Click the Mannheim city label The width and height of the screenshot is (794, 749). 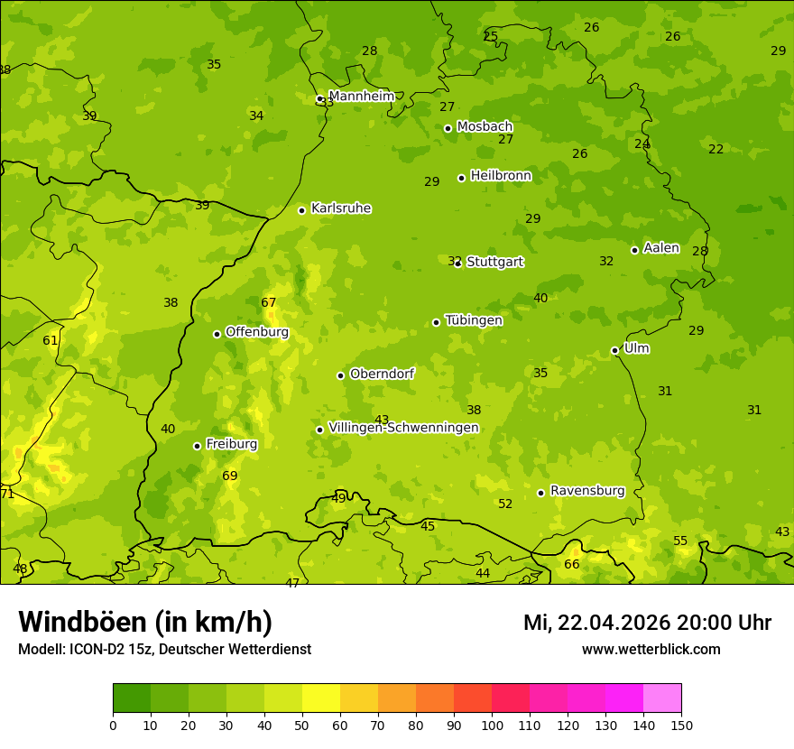click(361, 96)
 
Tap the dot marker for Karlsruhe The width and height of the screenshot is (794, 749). click(301, 210)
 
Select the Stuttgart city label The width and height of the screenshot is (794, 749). click(494, 262)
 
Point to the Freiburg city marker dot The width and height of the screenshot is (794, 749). click(197, 446)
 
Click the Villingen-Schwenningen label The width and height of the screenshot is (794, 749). click(403, 428)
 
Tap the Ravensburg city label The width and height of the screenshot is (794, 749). click(587, 491)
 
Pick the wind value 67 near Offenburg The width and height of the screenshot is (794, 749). click(269, 302)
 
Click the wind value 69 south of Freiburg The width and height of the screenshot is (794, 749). click(230, 476)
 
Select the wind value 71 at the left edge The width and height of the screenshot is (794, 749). click(7, 494)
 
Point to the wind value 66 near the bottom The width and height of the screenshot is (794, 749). click(572, 564)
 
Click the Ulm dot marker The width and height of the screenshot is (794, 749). click(614, 350)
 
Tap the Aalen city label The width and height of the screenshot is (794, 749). click(661, 248)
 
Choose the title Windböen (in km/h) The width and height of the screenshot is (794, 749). click(145, 622)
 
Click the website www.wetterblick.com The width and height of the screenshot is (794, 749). click(651, 649)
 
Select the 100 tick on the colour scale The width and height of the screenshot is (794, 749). click(492, 725)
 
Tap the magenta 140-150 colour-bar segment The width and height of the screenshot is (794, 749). click(662, 698)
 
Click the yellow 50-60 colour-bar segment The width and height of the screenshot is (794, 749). click(321, 698)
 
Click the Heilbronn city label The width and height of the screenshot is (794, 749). click(501, 175)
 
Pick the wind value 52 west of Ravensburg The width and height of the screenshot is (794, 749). click(505, 504)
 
